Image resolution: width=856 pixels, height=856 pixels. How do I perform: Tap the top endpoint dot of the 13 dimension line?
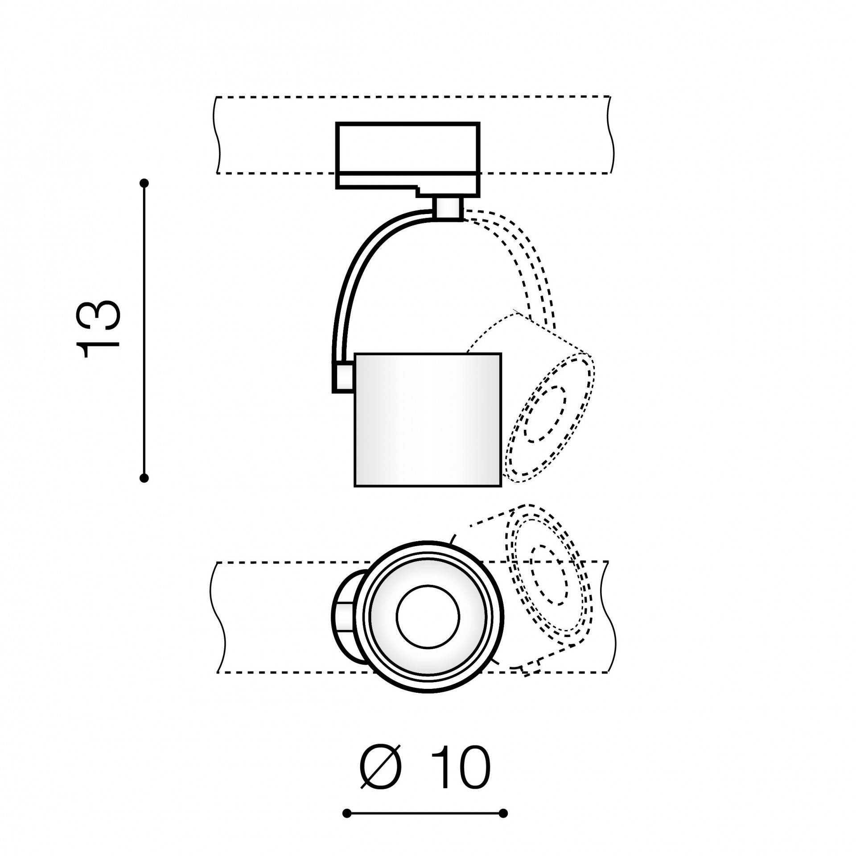pyautogui.click(x=144, y=183)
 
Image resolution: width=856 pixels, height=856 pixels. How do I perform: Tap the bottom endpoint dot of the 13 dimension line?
pyautogui.click(x=144, y=478)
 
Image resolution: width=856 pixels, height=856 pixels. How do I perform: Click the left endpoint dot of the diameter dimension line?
pyautogui.click(x=347, y=814)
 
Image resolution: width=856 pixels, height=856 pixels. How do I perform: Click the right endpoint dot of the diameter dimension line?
pyautogui.click(x=503, y=814)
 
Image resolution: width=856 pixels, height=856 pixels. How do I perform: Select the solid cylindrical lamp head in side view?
pyautogui.click(x=428, y=420)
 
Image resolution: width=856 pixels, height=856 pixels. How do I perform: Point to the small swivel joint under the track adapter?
pyautogui.click(x=448, y=208)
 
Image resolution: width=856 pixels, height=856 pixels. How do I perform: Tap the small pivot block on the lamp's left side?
pyautogui.click(x=344, y=377)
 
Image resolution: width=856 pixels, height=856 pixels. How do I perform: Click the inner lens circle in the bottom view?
pyautogui.click(x=428, y=617)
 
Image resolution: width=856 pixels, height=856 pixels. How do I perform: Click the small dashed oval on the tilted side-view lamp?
pyautogui.click(x=545, y=414)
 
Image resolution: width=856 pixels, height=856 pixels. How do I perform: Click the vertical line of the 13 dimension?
pyautogui.click(x=144, y=330)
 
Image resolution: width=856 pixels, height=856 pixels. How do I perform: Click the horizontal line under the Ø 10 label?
pyautogui.click(x=425, y=814)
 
